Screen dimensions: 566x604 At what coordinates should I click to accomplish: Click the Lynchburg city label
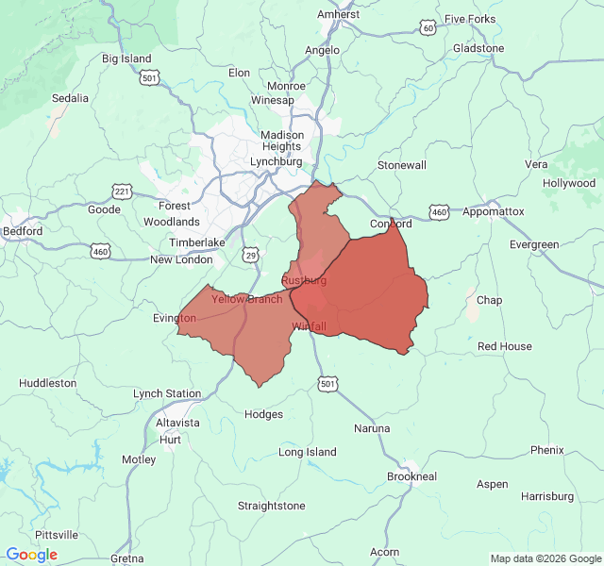pos(276,161)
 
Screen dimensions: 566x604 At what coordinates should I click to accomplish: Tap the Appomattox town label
pos(493,211)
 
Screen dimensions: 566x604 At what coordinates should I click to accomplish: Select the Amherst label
pos(338,14)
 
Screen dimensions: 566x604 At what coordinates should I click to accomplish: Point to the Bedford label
pos(23,231)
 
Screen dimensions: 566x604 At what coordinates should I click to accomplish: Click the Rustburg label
pos(304,280)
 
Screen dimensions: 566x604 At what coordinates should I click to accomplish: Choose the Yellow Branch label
pos(246,299)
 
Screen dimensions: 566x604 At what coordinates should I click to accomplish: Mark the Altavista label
pos(177,423)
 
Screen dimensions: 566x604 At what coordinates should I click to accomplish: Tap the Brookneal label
pos(411,476)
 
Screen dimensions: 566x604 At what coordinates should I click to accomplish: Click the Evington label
pos(175,318)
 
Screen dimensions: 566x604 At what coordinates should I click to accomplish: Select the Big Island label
pos(126,58)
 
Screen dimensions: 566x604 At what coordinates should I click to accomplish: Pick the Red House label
pos(505,346)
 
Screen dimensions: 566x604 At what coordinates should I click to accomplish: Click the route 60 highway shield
pos(428,28)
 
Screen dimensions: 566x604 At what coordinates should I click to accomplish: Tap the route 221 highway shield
pos(122,191)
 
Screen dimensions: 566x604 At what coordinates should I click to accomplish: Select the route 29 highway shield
pos(250,255)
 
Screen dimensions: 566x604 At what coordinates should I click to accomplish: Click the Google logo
pos(31,555)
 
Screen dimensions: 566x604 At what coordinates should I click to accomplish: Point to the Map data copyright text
pos(545,558)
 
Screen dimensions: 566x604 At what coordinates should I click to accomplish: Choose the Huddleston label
pos(48,383)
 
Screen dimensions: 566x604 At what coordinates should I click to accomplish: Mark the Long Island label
pos(308,452)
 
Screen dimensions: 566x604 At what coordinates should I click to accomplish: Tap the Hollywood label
pos(569,183)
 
